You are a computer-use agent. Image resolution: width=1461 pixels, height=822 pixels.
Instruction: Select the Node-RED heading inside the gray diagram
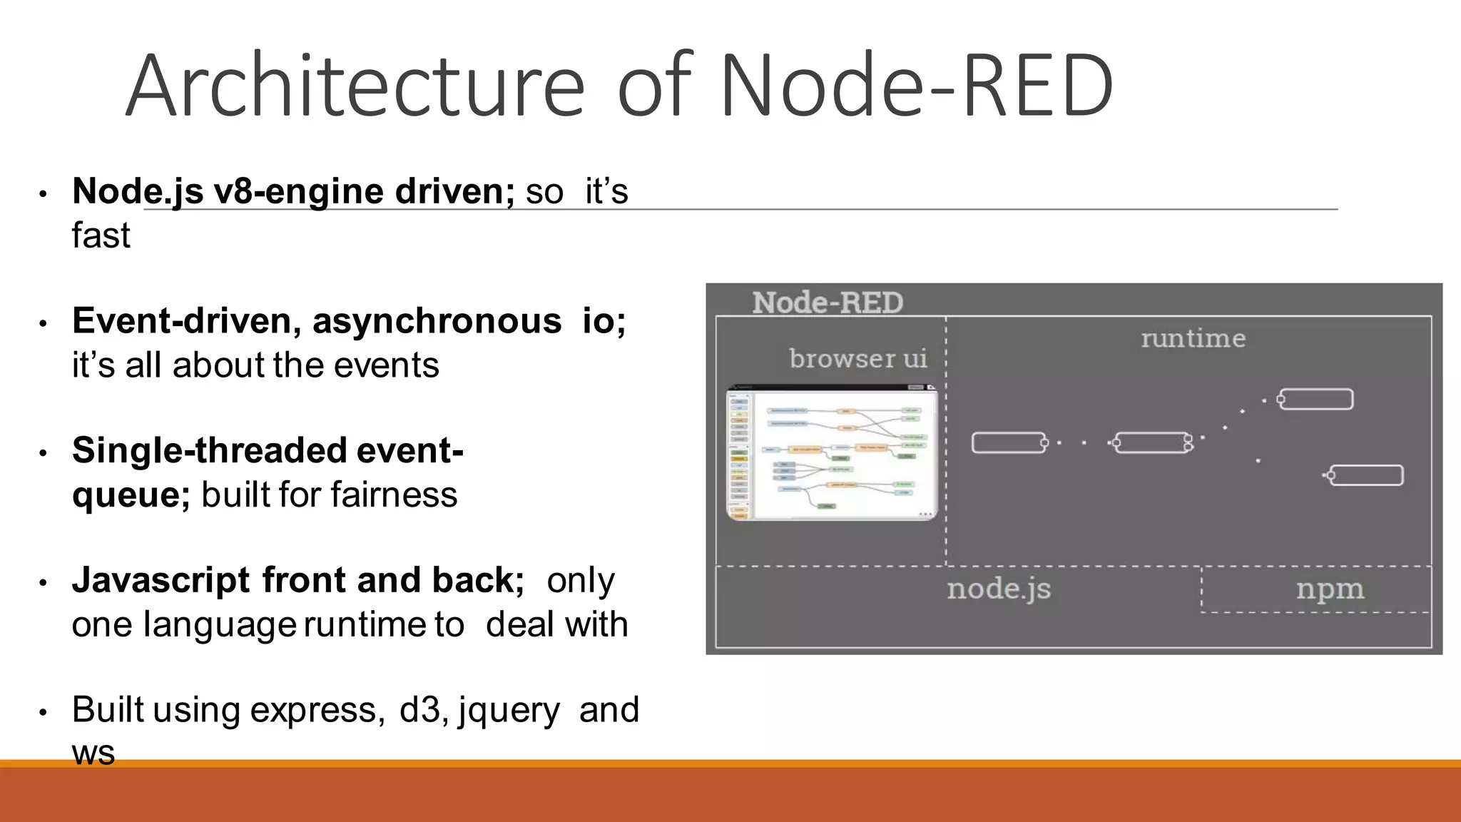(x=828, y=303)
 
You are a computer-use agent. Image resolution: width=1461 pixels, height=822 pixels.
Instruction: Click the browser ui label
(x=858, y=358)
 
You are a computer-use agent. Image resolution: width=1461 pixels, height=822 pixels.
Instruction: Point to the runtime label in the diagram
(x=1193, y=338)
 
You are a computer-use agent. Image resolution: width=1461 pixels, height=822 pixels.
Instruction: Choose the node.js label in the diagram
(x=999, y=589)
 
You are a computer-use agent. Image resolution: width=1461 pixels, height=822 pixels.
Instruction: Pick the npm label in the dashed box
(x=1330, y=589)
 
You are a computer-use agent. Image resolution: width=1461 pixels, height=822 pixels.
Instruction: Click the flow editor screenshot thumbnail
(x=832, y=454)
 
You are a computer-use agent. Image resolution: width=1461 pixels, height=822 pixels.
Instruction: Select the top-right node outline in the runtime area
(x=1315, y=399)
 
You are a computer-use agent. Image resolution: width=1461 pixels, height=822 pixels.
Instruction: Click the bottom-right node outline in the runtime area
(x=1366, y=475)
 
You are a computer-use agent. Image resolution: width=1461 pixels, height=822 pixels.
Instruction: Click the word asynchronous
(x=437, y=321)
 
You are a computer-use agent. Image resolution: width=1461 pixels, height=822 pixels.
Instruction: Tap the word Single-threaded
(x=208, y=451)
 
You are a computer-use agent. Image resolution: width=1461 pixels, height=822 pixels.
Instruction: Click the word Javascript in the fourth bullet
(x=161, y=580)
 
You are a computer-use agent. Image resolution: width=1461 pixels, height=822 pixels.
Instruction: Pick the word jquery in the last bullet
(x=509, y=711)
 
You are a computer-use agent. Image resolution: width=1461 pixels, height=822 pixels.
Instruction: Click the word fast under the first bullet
(x=101, y=235)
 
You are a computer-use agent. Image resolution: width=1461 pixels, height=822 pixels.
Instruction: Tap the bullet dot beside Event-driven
(x=43, y=324)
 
